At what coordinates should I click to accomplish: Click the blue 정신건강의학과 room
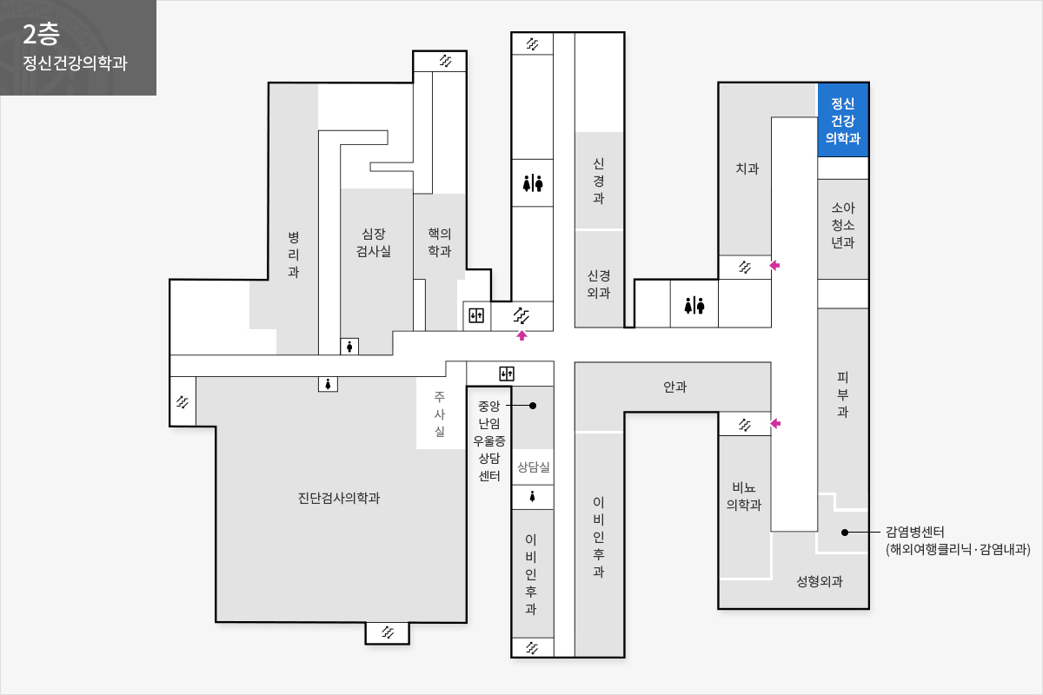pyautogui.click(x=843, y=120)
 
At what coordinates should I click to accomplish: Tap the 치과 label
pyautogui.click(x=747, y=169)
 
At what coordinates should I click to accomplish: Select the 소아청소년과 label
pyautogui.click(x=843, y=225)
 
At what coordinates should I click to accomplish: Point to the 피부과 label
pyautogui.click(x=843, y=394)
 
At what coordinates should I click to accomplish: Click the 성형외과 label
pyautogui.click(x=820, y=581)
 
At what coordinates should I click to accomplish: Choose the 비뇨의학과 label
pyautogui.click(x=744, y=496)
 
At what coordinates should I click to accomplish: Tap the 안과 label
pyautogui.click(x=674, y=387)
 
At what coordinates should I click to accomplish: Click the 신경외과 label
pyautogui.click(x=598, y=284)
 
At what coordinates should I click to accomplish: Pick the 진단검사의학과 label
pyautogui.click(x=339, y=498)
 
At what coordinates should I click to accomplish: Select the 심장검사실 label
pyautogui.click(x=374, y=242)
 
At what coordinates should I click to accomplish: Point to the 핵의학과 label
pyautogui.click(x=440, y=242)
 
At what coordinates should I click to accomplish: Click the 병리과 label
pyautogui.click(x=294, y=255)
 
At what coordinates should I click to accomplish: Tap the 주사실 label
pyautogui.click(x=440, y=414)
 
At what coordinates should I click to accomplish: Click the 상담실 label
pyautogui.click(x=534, y=467)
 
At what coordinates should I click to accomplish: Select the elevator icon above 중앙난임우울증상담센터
pyautogui.click(x=507, y=374)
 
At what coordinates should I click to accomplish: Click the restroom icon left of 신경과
pyautogui.click(x=533, y=183)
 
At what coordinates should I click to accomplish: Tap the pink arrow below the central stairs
pyautogui.click(x=522, y=335)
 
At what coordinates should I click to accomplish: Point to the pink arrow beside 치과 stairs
pyautogui.click(x=774, y=265)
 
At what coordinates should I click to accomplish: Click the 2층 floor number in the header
pyautogui.click(x=41, y=35)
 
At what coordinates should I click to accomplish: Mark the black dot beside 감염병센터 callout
pyautogui.click(x=845, y=532)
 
